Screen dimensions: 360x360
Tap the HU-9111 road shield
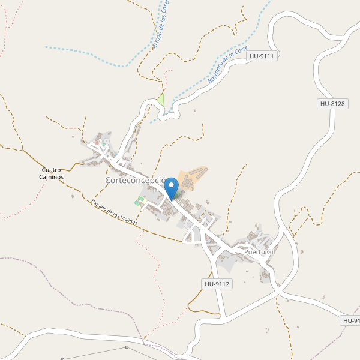pos(262,56)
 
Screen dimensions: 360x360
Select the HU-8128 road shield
pos(332,104)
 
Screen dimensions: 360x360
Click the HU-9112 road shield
pos(217,284)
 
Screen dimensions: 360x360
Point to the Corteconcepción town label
pos(135,180)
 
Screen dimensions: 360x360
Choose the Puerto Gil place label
pos(259,252)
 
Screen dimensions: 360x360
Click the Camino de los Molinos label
pos(114,212)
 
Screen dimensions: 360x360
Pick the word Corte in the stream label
pos(241,53)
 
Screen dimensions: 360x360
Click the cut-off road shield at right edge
pos(351,321)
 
